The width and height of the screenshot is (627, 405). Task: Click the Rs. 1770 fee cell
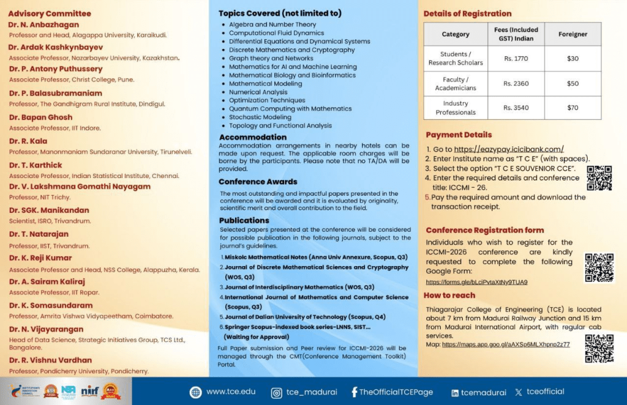tap(515, 59)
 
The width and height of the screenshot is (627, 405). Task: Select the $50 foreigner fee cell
tap(573, 84)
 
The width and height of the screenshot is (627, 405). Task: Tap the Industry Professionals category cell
tap(456, 108)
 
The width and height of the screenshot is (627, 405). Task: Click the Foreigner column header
tap(573, 34)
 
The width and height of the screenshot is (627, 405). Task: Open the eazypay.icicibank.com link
tap(508, 149)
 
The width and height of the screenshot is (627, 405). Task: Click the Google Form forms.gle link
tap(476, 282)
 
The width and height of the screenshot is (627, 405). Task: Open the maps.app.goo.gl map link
tap(506, 344)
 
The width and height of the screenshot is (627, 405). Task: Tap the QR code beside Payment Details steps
tap(599, 177)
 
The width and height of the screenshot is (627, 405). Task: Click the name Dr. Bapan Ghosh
tap(40, 117)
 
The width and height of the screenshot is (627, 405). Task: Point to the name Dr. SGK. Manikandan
tap(49, 210)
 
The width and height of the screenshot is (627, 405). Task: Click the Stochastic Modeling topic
tap(260, 117)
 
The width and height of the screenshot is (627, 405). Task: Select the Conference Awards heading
tap(258, 182)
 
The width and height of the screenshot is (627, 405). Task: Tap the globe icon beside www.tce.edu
tap(195, 392)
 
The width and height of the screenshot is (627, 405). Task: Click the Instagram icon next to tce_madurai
tap(277, 392)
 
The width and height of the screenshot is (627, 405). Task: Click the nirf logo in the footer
tap(90, 392)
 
